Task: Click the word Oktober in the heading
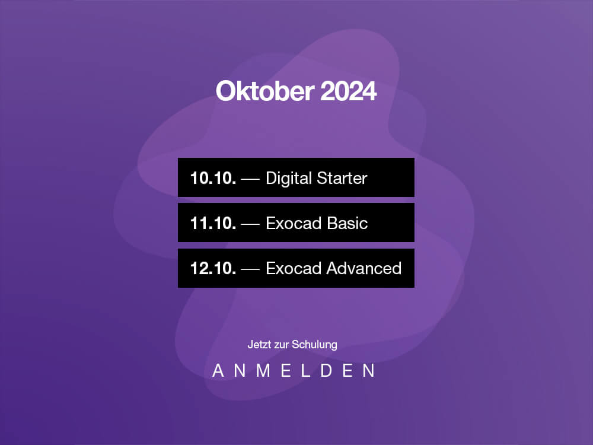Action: (x=265, y=91)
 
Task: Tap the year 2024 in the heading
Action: (x=349, y=91)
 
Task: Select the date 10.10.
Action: (x=213, y=178)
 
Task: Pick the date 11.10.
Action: (x=213, y=223)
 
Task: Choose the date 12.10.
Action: (x=213, y=268)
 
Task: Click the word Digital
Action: (x=289, y=178)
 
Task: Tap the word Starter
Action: (x=342, y=178)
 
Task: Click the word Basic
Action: (x=347, y=223)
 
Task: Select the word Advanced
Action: (x=364, y=268)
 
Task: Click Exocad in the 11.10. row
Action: (x=294, y=223)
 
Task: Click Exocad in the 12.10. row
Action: (x=294, y=268)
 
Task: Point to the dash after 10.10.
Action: (x=250, y=179)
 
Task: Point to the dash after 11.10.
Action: (x=250, y=224)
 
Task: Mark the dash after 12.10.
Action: (x=250, y=269)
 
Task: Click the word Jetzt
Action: (x=260, y=344)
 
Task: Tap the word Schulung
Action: (x=315, y=345)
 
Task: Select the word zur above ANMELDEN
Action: (x=282, y=345)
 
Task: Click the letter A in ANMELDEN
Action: (x=218, y=370)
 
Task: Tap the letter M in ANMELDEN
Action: (x=263, y=370)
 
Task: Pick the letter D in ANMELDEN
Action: (x=326, y=370)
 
